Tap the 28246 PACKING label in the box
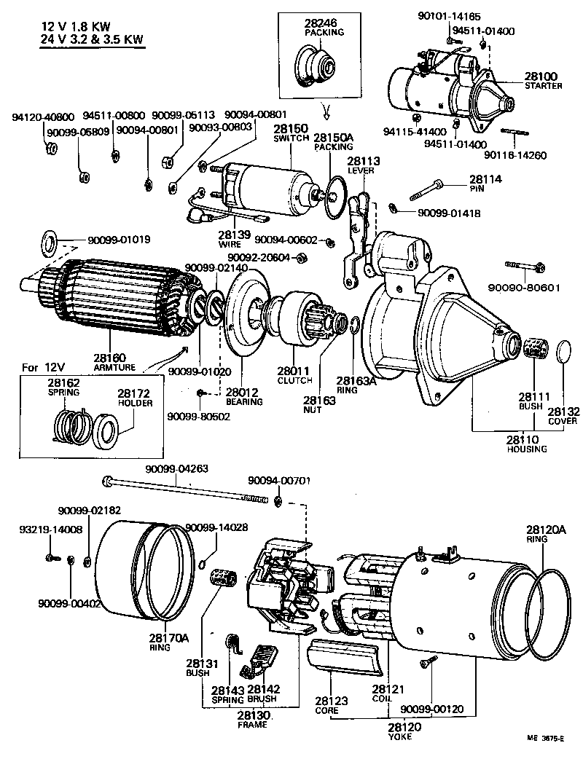[324, 28]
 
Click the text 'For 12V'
[39, 366]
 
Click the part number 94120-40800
[42, 117]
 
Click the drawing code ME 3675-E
[546, 738]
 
